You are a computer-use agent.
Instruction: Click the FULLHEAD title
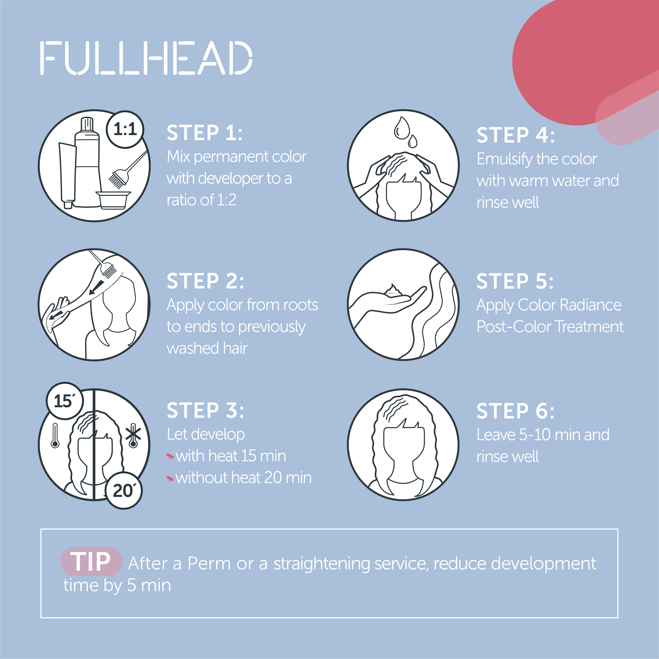pos(146,58)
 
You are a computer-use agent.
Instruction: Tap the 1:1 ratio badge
pos(125,129)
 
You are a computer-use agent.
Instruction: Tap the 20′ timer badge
pos(123,491)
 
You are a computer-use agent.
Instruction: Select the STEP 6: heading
pos(515,411)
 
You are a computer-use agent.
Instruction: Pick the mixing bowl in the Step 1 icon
pos(113,199)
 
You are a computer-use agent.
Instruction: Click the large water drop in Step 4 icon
pos(402,128)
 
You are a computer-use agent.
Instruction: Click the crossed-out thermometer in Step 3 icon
pos(133,436)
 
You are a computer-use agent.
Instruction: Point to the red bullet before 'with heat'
pos(170,456)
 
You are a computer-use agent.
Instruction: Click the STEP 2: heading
pos(205,281)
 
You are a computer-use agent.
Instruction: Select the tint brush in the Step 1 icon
pos(128,170)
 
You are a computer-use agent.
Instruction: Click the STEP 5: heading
pos(515,281)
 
